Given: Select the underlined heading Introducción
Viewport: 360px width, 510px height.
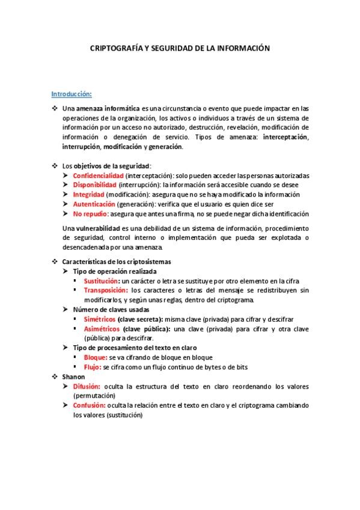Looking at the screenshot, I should tap(71, 94).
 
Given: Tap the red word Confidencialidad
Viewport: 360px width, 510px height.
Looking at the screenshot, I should tap(98, 175).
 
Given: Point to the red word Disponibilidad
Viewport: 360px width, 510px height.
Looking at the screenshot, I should tap(94, 185).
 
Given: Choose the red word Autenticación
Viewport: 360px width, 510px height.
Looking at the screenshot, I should tap(93, 204).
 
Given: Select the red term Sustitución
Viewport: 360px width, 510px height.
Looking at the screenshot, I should tap(102, 281).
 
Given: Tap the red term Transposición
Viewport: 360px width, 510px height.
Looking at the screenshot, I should tap(106, 290).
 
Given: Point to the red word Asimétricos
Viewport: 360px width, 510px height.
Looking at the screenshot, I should tap(102, 328).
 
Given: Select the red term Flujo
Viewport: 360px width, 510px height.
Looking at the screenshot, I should tap(93, 366).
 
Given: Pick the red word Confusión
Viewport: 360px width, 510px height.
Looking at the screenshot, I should tap(90, 405).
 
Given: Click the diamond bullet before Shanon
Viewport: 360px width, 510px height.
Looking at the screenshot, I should tap(55, 376).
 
